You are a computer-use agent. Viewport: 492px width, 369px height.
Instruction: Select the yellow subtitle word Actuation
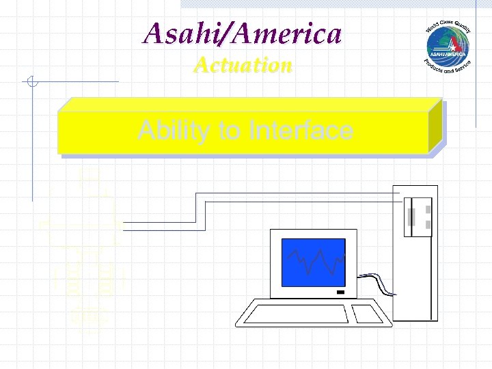pos(243,65)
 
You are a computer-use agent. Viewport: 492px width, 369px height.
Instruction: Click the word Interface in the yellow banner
pos(301,130)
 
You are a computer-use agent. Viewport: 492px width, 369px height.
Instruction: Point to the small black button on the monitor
pos(340,292)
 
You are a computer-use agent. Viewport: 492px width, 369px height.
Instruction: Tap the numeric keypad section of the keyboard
pos(367,314)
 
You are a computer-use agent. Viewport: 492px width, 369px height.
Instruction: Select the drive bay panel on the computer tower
pos(417,217)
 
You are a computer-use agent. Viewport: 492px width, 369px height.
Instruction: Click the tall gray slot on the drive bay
pos(411,217)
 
